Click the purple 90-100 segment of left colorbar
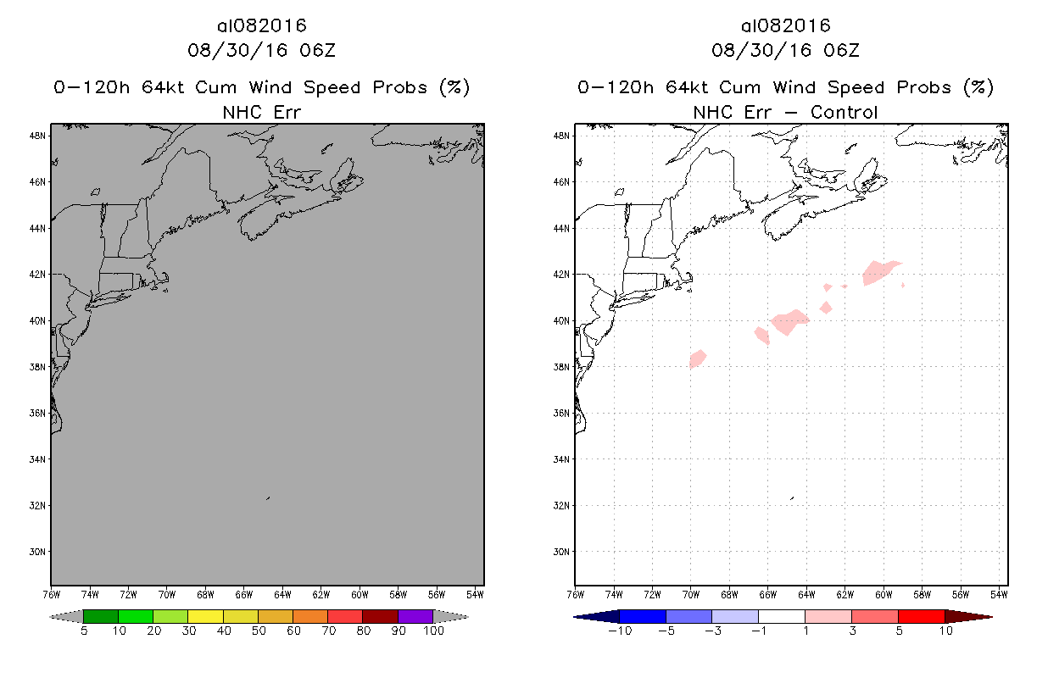point(415,616)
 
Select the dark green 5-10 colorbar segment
point(101,616)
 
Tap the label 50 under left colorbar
point(258,631)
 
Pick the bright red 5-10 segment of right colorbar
point(921,616)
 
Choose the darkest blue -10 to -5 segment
point(643,616)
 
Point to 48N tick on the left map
point(38,136)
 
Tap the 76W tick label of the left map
point(51,592)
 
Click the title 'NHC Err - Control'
point(785,112)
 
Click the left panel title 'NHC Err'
point(261,112)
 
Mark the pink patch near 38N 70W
point(698,358)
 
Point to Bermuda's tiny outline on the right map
point(792,498)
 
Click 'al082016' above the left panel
point(261,25)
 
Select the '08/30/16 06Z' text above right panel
point(785,50)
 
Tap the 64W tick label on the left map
point(282,592)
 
